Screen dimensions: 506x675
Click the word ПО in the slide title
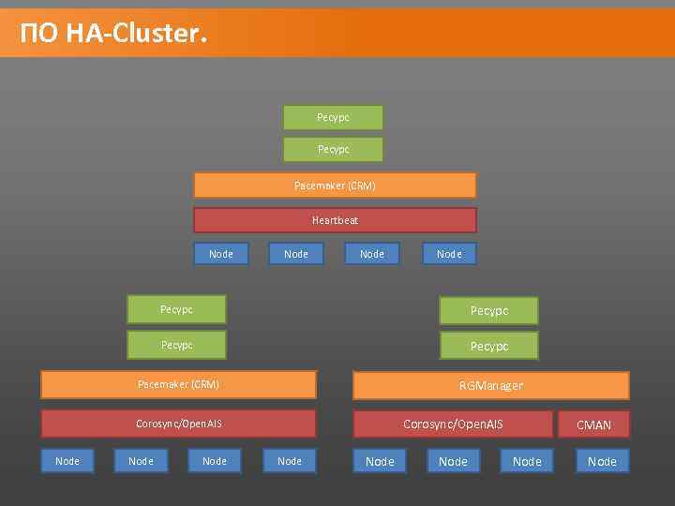(37, 34)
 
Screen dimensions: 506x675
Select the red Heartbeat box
(335, 220)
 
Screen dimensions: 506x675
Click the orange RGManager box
(490, 385)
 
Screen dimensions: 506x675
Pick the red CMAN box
(593, 424)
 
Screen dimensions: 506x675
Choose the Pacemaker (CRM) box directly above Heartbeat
(335, 186)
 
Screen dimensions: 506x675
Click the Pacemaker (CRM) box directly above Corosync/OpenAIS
(178, 384)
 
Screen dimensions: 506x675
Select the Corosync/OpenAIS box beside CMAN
(453, 424)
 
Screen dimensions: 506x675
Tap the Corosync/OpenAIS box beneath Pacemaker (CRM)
(178, 424)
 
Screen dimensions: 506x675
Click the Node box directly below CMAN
(602, 461)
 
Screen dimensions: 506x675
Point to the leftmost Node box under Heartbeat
(221, 254)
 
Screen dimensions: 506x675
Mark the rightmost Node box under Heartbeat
(449, 254)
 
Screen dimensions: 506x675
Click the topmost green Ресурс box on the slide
(333, 117)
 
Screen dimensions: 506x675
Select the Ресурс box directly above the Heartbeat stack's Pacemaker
(333, 149)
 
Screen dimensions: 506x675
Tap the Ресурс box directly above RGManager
(488, 346)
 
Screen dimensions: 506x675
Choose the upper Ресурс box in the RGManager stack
(488, 310)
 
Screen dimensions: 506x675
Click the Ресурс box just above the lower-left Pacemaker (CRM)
(176, 345)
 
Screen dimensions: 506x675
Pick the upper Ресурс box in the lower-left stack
(176, 309)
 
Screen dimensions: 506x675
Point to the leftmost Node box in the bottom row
(67, 461)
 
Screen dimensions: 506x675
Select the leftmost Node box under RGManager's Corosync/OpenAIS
(380, 461)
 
